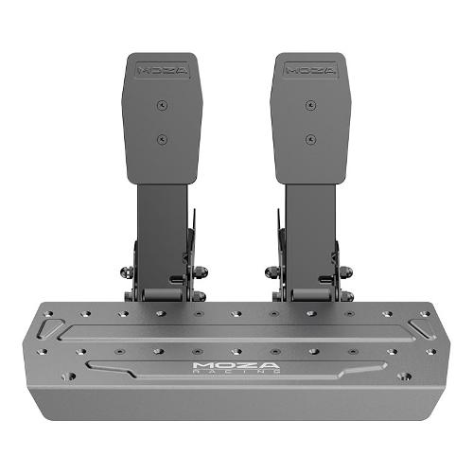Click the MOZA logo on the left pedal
point(163,71)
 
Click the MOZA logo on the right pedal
point(310,70)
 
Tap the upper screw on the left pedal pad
point(162,105)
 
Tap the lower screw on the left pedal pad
point(162,139)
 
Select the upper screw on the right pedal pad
point(311,105)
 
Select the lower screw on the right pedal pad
point(311,139)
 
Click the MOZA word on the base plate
point(236,366)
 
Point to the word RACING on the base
point(236,372)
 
